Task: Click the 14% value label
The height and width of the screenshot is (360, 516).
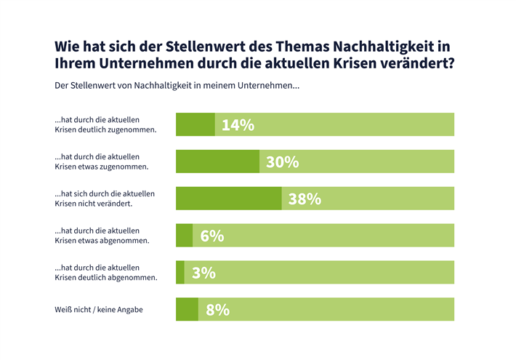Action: tap(238, 125)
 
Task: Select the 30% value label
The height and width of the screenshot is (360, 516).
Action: tap(282, 162)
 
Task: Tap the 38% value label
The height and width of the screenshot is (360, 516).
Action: tap(305, 199)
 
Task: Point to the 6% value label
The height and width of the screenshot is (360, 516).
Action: tap(211, 236)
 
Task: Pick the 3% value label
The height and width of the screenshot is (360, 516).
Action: tap(203, 273)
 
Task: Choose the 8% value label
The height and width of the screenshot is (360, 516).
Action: tap(217, 310)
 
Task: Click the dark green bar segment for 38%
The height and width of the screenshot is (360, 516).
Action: tap(229, 199)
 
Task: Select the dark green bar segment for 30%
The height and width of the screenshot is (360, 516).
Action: tap(217, 162)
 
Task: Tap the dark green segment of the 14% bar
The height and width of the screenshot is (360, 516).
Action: tap(195, 125)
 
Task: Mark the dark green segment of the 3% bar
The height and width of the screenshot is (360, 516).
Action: tap(180, 273)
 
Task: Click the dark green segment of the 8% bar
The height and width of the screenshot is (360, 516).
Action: tap(187, 310)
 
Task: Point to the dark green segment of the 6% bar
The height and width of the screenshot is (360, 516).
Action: tap(184, 236)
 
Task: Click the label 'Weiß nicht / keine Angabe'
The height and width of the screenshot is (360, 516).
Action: tap(98, 310)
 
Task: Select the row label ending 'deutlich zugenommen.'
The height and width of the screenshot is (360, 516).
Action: tap(106, 125)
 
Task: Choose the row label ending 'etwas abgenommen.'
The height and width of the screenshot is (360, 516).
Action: tap(102, 236)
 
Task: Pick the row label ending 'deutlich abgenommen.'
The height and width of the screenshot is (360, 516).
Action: tap(106, 273)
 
